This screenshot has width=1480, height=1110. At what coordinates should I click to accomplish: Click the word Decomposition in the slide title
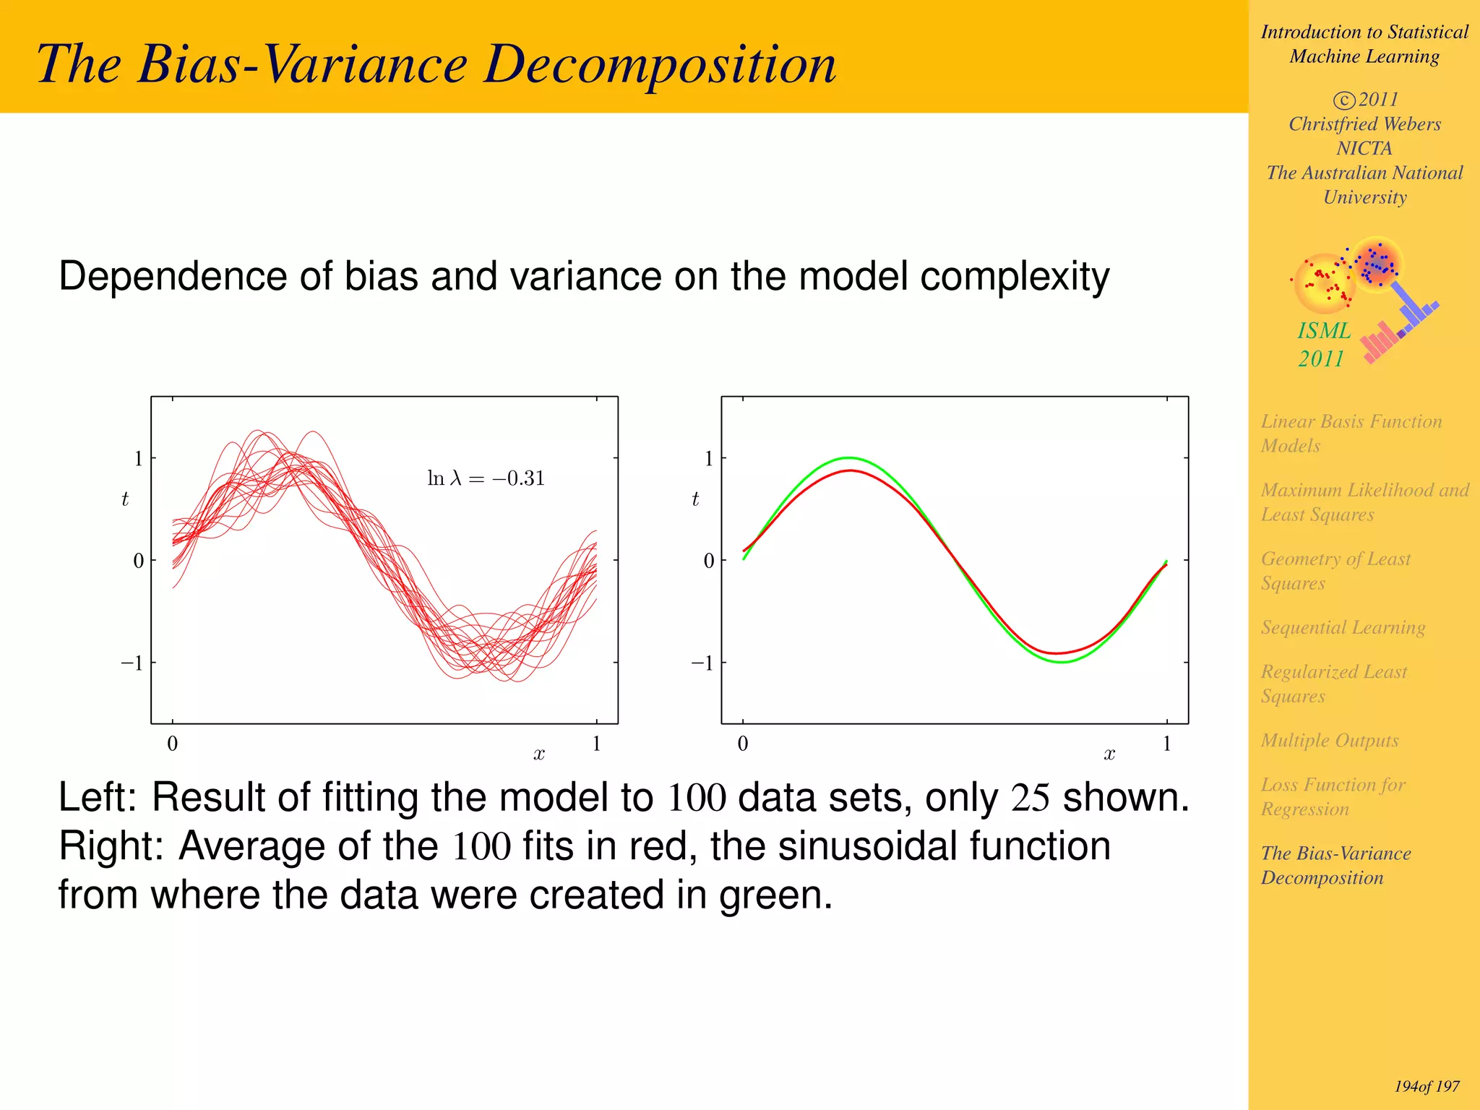pyautogui.click(x=660, y=65)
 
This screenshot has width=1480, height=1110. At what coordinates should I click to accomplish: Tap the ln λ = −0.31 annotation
pyautogui.click(x=486, y=478)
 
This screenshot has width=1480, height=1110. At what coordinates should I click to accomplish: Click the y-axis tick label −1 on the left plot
pyautogui.click(x=132, y=663)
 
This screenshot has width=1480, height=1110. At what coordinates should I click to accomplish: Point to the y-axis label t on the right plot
pyautogui.click(x=695, y=499)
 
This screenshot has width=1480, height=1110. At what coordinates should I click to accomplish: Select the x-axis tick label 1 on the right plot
pyautogui.click(x=1166, y=743)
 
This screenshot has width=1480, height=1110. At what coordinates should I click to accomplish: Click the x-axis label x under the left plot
pyautogui.click(x=539, y=754)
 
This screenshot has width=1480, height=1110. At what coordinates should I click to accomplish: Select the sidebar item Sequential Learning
pyautogui.click(x=1343, y=627)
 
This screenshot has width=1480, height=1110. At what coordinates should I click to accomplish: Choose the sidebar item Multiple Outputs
pyautogui.click(x=1330, y=740)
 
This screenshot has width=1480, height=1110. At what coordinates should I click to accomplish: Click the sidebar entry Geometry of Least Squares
pyautogui.click(x=1335, y=570)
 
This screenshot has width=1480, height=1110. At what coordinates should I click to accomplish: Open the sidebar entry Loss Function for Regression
pyautogui.click(x=1333, y=796)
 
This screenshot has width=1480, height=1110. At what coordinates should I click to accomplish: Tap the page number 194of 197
pyautogui.click(x=1427, y=1086)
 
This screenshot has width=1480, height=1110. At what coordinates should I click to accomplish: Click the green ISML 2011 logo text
pyautogui.click(x=1323, y=344)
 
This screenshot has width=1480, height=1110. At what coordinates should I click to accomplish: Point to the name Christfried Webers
pyautogui.click(x=1364, y=124)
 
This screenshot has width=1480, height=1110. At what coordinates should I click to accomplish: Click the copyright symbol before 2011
pyautogui.click(x=1343, y=100)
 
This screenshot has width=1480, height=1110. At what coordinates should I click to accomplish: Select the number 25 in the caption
pyautogui.click(x=1030, y=797)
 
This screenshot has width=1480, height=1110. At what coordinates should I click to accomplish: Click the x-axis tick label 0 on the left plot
pyautogui.click(x=172, y=743)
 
